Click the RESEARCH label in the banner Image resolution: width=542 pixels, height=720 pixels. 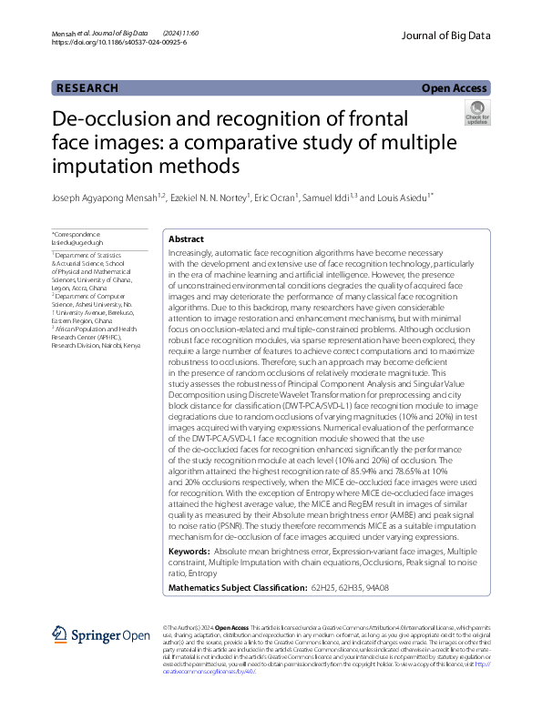[87, 88]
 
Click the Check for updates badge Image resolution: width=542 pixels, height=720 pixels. [476, 113]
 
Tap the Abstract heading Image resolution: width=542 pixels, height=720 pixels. [187, 239]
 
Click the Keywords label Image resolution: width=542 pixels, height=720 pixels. [189, 552]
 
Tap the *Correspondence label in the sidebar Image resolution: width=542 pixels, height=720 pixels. [79, 235]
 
